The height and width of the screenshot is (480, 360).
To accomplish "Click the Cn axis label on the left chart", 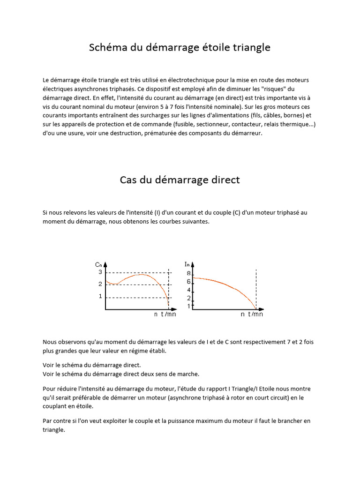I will pyautogui.click(x=98, y=265).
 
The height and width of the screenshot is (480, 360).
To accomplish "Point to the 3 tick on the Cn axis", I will pyautogui.click(x=100, y=272).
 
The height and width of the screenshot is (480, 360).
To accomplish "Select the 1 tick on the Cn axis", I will pyautogui.click(x=100, y=296).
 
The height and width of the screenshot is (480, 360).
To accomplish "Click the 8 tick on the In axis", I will pyautogui.click(x=188, y=273).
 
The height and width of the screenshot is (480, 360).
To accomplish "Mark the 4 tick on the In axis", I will pyautogui.click(x=188, y=290).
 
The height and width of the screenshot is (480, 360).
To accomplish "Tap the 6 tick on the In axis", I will pyautogui.click(x=188, y=282).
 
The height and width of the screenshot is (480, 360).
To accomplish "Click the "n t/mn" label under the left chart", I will pyautogui.click(x=165, y=315).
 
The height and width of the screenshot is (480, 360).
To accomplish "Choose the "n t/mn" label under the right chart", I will pyautogui.click(x=252, y=315).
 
